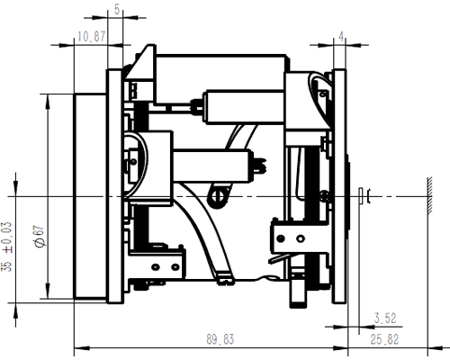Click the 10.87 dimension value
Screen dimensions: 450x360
tap(92, 37)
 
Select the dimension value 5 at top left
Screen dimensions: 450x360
tap(117, 10)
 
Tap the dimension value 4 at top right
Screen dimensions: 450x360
tap(341, 37)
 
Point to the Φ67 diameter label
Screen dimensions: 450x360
tap(40, 237)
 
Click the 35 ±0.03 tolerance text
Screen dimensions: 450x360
tap(7, 247)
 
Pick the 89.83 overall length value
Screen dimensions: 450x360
tap(220, 339)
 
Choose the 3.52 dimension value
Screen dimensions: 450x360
tap(385, 318)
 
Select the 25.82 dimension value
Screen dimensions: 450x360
tap(384, 339)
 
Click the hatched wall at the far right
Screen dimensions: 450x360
tap(430, 195)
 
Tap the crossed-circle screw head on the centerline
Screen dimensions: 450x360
tap(218, 196)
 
